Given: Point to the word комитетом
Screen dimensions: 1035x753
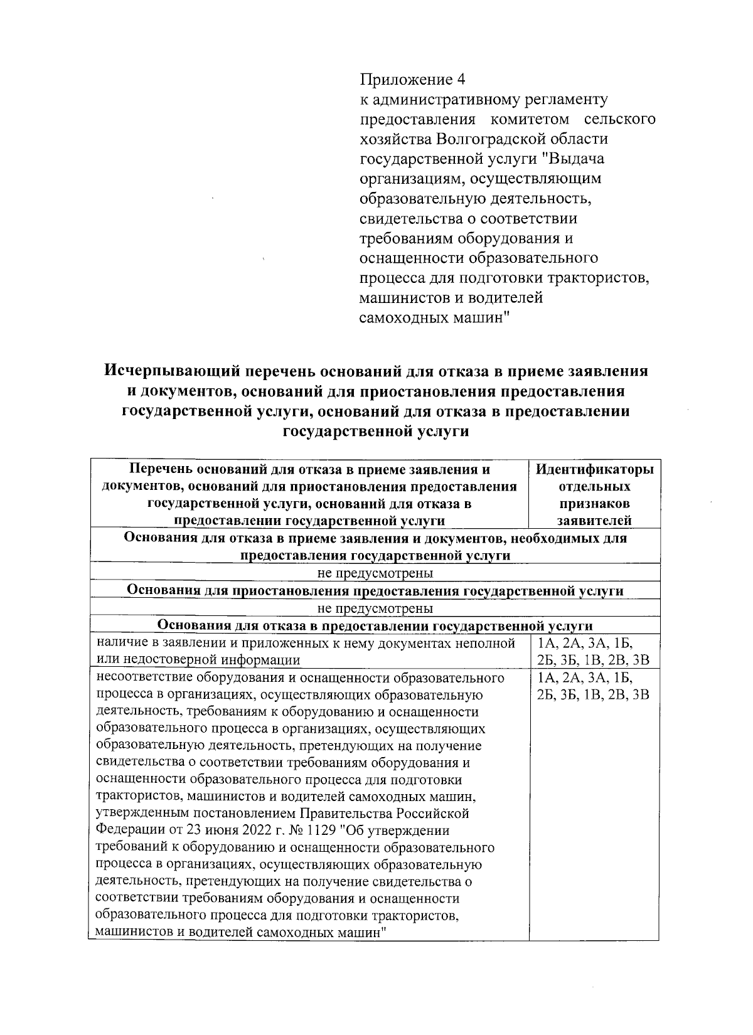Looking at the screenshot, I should pyautogui.click(x=530, y=119).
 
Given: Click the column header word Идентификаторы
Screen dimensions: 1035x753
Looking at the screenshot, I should pyautogui.click(x=594, y=470).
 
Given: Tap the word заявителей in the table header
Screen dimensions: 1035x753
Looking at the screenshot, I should pyautogui.click(x=594, y=521).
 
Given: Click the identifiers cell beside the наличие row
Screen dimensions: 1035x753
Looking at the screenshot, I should pyautogui.click(x=594, y=651).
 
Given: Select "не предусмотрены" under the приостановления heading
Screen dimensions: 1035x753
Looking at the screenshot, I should pyautogui.click(x=375, y=608).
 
